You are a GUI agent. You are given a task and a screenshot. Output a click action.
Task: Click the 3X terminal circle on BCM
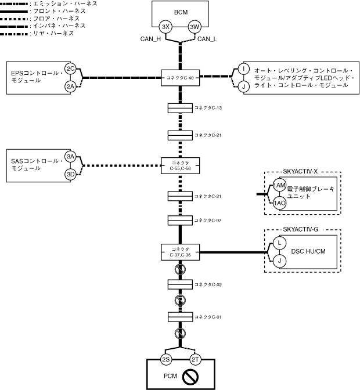165,27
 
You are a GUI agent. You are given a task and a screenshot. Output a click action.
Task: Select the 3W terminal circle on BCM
195,27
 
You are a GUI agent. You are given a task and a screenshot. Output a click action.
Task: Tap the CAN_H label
150,39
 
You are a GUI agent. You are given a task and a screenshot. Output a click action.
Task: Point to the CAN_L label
207,39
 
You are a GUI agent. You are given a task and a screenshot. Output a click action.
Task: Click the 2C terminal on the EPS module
70,68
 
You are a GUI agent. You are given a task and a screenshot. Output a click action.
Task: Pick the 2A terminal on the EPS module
70,86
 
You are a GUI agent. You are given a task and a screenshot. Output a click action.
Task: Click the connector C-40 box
180,78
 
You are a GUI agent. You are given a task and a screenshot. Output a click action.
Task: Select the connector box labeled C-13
180,108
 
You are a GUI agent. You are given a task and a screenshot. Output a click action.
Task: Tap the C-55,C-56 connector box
180,165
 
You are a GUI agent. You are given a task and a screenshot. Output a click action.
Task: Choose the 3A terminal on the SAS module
70,157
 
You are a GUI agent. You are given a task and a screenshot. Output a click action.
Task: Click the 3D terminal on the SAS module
70,174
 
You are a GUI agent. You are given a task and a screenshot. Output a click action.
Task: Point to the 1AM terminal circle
279,185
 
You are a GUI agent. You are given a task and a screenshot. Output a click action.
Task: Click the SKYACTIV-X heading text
300,171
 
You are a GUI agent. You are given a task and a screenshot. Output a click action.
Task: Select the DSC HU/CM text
308,251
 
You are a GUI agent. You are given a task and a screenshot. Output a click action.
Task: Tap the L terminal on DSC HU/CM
279,243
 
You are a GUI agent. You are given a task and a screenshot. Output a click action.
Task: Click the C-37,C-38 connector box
180,252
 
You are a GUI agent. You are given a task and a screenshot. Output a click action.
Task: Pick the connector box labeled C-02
180,284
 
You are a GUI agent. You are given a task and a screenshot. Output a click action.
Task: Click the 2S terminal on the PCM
165,359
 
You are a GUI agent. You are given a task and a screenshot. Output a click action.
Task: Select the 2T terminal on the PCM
195,359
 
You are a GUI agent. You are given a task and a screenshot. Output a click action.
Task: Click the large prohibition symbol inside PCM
190,377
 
